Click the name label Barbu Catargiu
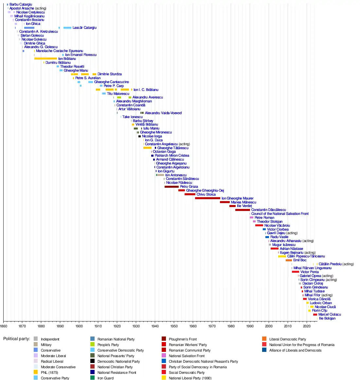tap(21, 5)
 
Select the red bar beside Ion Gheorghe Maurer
tap(207, 198)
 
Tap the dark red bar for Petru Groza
tap(171, 187)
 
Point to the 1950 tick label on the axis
tap(174, 326)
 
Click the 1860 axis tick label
tap(3, 326)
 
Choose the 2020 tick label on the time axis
tap(307, 326)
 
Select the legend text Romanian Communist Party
tap(189, 350)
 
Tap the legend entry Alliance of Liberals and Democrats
tap(295, 350)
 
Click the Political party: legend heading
tap(17, 339)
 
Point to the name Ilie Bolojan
tap(327, 319)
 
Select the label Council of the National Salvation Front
tap(280, 214)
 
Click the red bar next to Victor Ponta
tap(296, 272)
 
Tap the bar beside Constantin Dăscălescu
tap(243, 210)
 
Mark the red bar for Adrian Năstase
tap(274, 249)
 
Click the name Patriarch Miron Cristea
tap(172, 156)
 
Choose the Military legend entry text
tap(46, 345)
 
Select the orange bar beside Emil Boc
tap(289, 260)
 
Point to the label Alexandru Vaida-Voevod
tap(163, 113)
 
